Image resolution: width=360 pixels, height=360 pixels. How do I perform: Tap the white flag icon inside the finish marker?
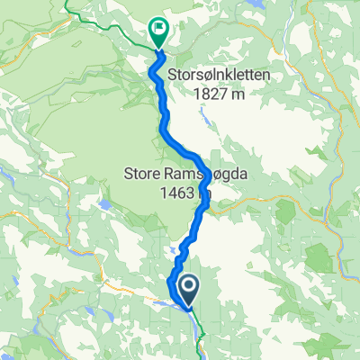158,28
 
